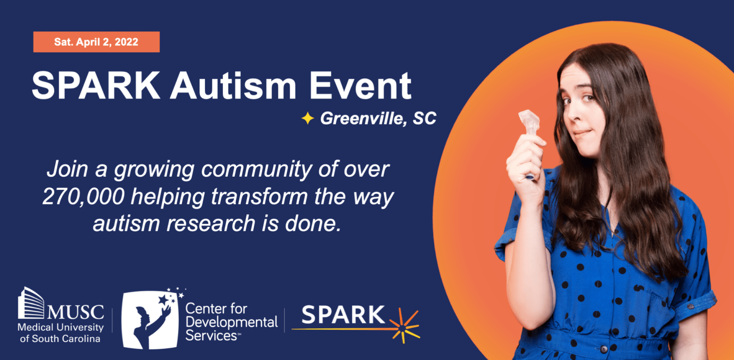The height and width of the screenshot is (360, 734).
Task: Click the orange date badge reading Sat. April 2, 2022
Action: [96, 42]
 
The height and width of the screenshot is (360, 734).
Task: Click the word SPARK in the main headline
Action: [96, 86]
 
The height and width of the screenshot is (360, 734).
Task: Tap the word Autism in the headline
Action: [234, 86]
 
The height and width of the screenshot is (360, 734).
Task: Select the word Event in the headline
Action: [360, 86]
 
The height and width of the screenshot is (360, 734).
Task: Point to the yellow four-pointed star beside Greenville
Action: [307, 118]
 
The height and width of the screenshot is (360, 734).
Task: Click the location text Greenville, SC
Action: [378, 118]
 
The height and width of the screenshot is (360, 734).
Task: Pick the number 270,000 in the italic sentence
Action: [83, 196]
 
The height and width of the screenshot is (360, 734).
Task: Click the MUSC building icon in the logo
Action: [30, 303]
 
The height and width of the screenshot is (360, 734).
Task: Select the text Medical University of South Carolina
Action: [60, 333]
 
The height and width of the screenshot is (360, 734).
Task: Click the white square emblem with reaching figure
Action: [150, 320]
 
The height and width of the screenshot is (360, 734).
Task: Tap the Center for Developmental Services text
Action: [231, 322]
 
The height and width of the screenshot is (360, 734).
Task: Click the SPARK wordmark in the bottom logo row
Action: [343, 315]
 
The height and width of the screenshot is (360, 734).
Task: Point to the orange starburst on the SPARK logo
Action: [404, 326]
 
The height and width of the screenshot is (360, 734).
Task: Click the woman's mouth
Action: [582, 133]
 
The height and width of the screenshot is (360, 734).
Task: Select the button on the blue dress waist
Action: [604, 349]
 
